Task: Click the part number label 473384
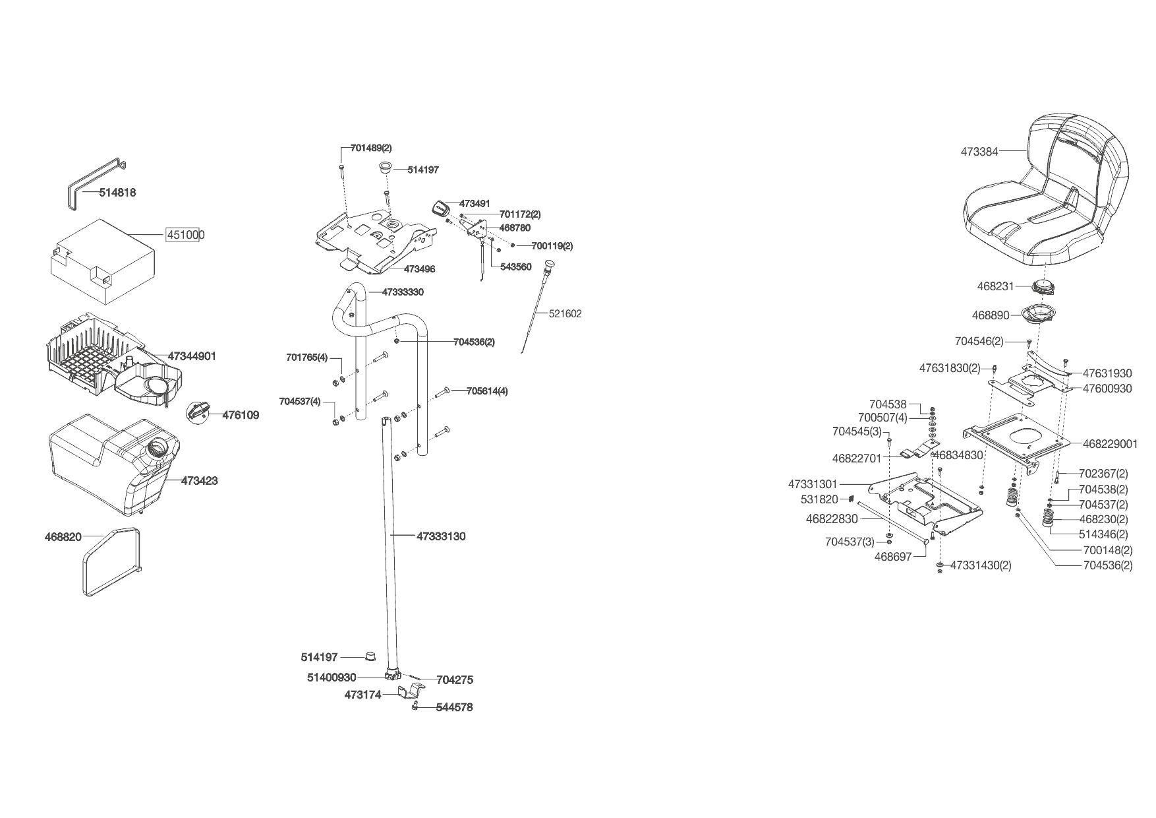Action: coord(979,151)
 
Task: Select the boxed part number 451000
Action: coord(185,235)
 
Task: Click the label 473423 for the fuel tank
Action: coord(199,481)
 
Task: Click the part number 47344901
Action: coord(192,356)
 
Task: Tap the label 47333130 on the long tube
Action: coord(441,536)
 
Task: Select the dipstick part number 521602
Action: coord(565,314)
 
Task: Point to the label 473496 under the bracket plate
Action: coord(419,269)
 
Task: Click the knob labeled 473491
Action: coord(439,208)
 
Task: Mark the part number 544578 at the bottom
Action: coord(454,707)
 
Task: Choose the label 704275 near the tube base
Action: coord(455,679)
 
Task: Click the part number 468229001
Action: coord(1110,444)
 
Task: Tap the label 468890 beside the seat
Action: coord(991,315)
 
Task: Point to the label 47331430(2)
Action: coord(981,565)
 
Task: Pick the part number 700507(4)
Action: coord(882,418)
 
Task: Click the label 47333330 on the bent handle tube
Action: coord(403,292)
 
